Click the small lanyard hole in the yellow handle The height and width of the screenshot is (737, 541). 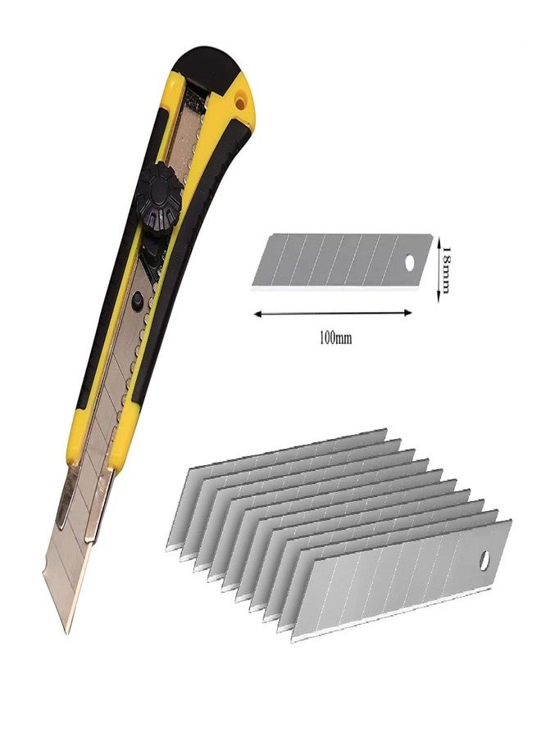[241, 101]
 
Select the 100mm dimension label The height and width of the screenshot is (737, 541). [335, 338]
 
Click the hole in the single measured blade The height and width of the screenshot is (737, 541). [410, 262]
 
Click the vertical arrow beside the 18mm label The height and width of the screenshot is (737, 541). [438, 269]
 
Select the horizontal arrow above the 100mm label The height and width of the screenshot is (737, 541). [333, 313]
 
